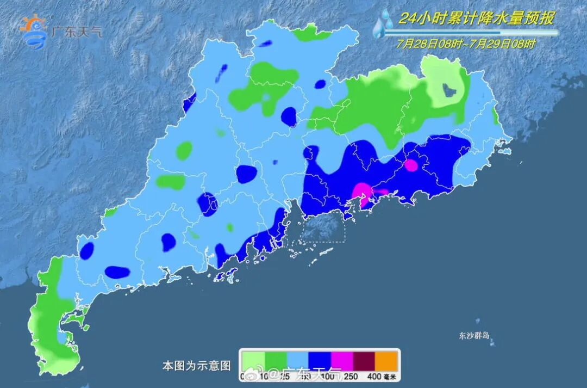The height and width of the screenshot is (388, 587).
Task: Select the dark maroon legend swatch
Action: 365,360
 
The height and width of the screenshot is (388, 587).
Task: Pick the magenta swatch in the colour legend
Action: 343,360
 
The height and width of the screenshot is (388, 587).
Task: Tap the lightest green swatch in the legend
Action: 254,360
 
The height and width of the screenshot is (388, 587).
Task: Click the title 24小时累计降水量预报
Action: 476,19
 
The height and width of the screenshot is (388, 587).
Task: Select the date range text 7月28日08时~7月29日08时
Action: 466,44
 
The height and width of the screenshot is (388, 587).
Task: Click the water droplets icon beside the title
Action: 384,24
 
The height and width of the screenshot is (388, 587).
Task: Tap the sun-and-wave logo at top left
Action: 34,32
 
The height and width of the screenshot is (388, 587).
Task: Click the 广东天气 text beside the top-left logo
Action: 76,32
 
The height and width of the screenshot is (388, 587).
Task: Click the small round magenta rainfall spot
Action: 411,165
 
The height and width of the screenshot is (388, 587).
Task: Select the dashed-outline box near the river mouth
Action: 324,227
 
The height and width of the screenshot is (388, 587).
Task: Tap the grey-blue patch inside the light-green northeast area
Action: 449,89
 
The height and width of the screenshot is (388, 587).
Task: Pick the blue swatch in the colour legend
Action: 321,360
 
